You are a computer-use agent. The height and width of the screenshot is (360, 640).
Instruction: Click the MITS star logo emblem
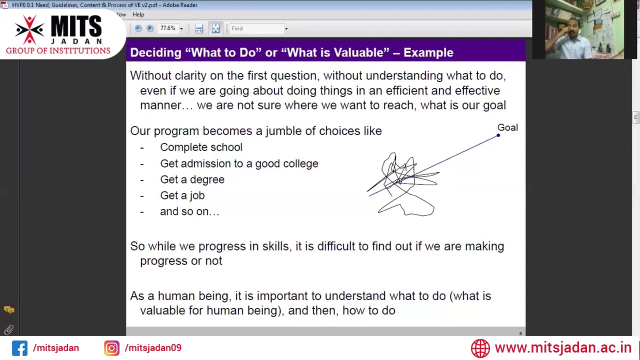point(29,30)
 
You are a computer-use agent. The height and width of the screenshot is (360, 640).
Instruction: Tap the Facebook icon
point(19,348)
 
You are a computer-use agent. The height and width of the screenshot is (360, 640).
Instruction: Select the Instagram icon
point(111,348)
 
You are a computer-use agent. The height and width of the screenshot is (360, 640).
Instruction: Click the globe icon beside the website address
point(480,348)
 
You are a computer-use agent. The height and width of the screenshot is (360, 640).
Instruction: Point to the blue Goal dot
point(498,135)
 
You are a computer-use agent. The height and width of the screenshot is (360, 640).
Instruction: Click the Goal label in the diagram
point(507,127)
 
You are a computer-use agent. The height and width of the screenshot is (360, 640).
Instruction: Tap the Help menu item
point(138,14)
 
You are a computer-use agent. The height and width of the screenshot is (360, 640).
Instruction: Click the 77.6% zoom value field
point(168,28)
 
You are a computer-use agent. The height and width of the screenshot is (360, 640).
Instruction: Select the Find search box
point(256,28)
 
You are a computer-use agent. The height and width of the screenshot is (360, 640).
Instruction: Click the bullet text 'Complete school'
point(201,147)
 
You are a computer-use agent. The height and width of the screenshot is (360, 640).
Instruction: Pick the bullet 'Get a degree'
point(192,179)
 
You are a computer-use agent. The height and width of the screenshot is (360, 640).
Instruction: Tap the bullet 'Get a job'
point(182,195)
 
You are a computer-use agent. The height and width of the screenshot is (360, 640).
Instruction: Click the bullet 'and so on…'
point(189,211)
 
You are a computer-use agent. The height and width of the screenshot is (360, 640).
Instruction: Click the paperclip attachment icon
point(8,330)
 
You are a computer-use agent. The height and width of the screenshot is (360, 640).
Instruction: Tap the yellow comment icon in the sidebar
point(8,310)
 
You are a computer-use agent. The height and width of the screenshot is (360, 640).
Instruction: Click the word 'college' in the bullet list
point(300,163)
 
